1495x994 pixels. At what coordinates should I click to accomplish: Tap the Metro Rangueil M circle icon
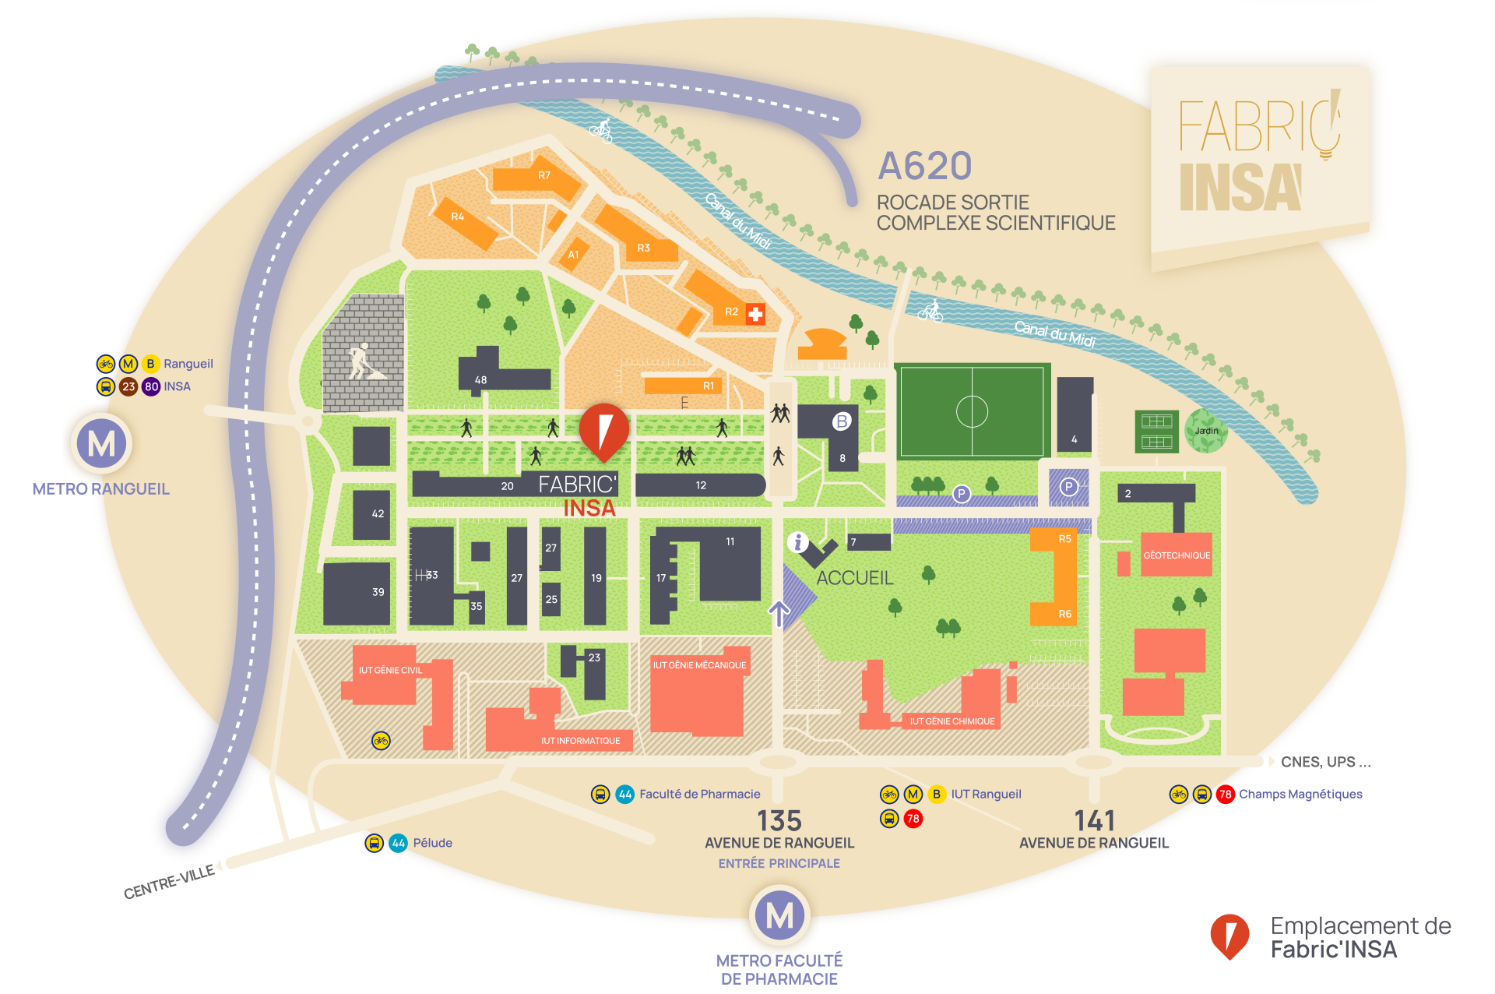(x=102, y=444)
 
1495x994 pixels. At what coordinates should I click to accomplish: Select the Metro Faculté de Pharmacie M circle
(x=779, y=915)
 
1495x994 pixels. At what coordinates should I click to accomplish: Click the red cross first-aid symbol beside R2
(x=755, y=313)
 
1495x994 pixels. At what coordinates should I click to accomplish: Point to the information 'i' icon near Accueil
(x=797, y=542)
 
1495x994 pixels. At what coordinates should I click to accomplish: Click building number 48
(x=481, y=379)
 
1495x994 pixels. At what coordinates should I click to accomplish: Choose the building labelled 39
(x=378, y=592)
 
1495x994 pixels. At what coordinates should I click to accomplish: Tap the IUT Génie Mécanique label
(x=699, y=665)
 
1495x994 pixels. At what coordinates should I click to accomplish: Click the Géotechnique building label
(x=1177, y=555)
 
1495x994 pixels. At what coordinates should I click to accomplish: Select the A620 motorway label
(x=925, y=166)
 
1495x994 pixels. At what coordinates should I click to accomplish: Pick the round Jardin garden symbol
(x=1206, y=431)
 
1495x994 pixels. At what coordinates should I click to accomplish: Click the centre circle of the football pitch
(x=972, y=411)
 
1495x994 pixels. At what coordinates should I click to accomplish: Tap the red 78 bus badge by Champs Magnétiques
(x=1225, y=795)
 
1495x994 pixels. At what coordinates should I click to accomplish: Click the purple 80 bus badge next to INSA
(x=151, y=386)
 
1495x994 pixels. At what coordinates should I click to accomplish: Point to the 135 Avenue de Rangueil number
(x=779, y=821)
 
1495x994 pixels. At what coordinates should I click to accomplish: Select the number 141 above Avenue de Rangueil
(x=1094, y=821)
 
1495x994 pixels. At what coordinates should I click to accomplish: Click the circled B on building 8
(x=841, y=421)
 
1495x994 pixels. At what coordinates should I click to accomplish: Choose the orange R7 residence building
(x=543, y=176)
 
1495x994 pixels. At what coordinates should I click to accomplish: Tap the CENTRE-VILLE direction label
(x=169, y=883)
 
